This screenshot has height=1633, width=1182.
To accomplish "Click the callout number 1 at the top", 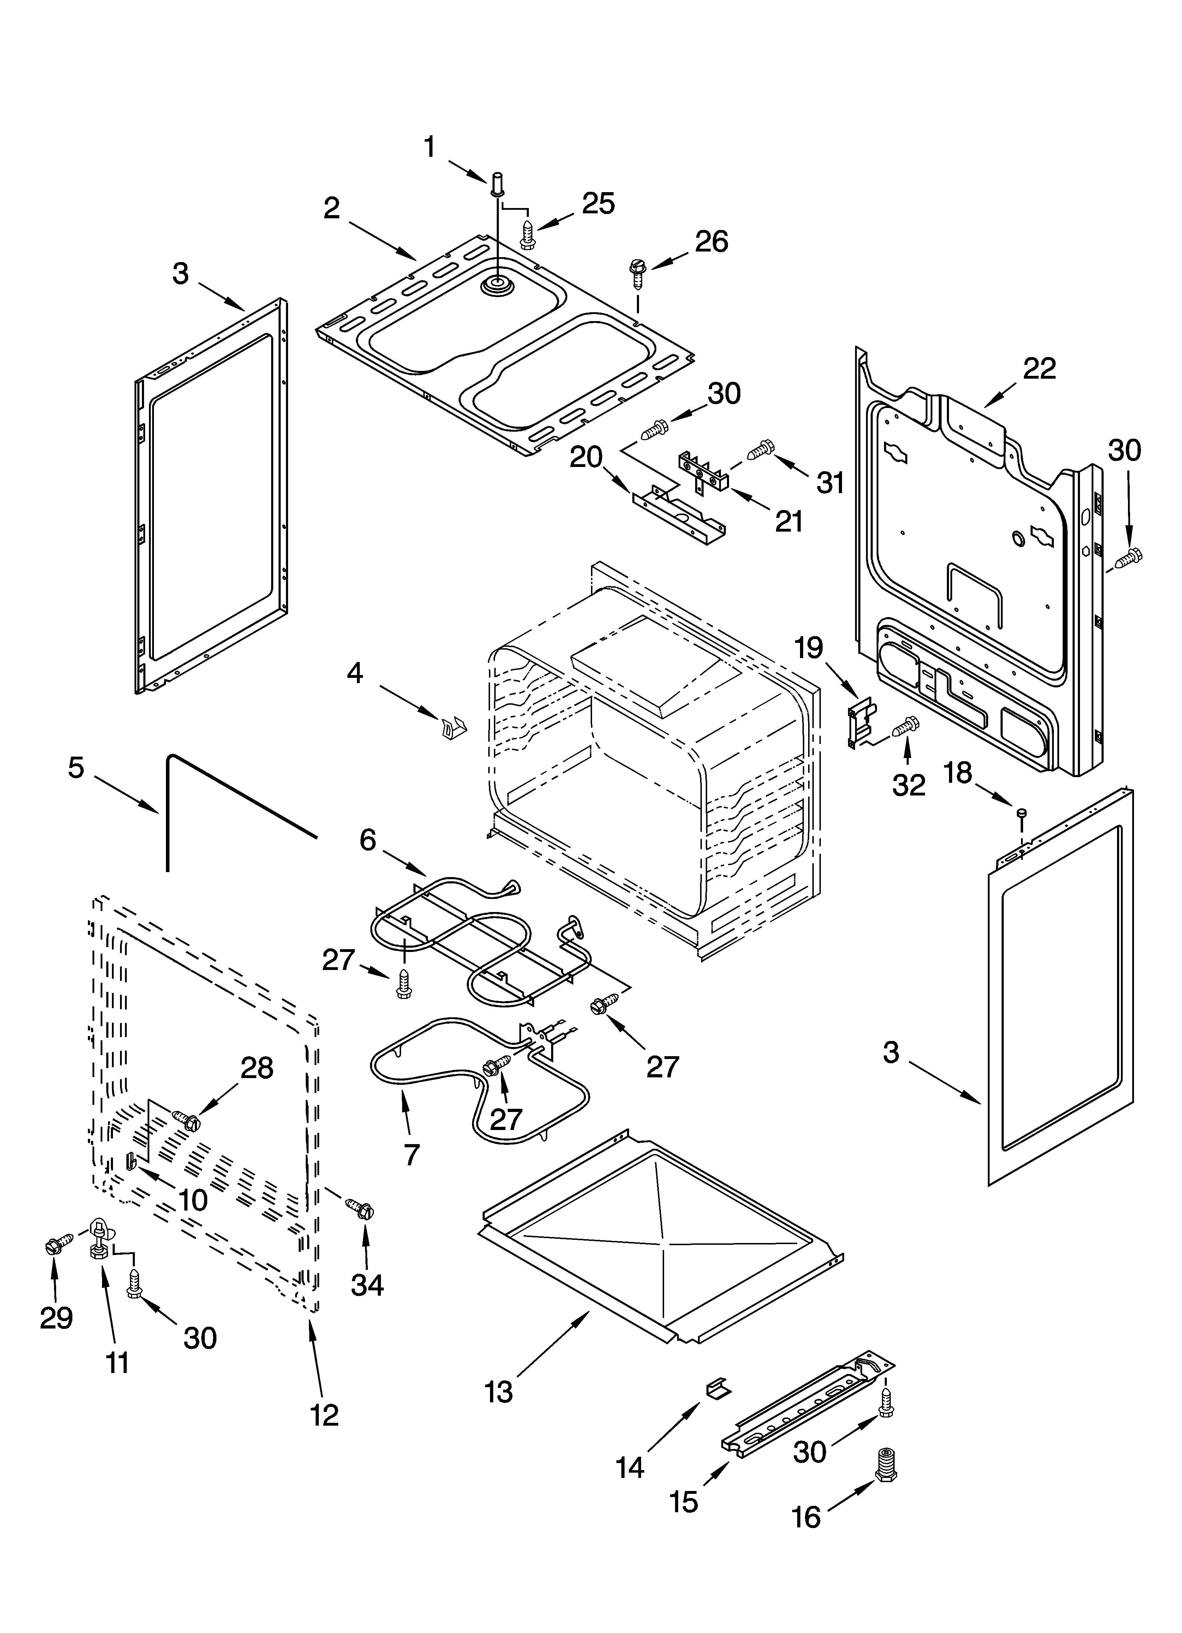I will point(430,148).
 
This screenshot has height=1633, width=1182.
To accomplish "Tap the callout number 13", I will point(498,1392).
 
